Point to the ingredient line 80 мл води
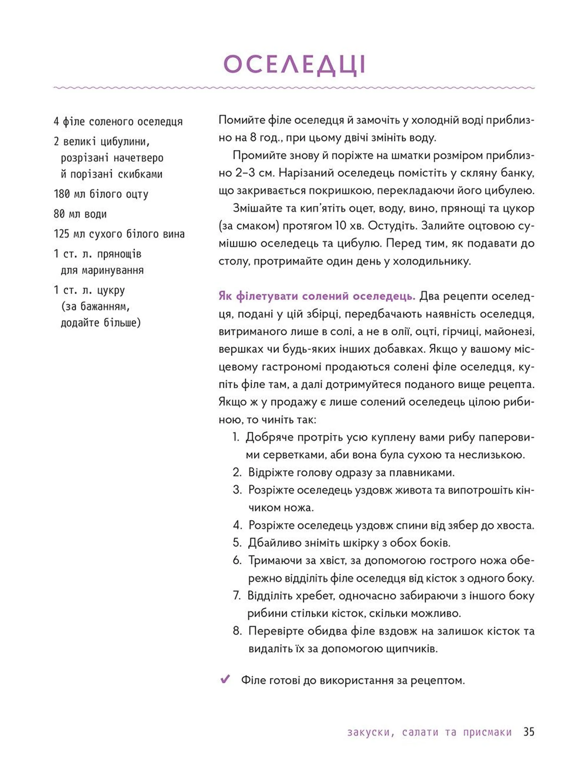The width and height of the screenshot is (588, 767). pos(80,214)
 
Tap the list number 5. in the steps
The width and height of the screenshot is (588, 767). pos(237,543)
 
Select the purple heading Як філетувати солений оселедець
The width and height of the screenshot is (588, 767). pos(317,296)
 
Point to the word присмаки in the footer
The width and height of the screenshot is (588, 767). pos(487,732)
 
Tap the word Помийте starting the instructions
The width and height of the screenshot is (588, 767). pos(242,120)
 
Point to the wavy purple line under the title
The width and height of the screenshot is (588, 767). pos(294,88)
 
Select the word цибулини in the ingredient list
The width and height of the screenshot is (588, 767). pos(125,142)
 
